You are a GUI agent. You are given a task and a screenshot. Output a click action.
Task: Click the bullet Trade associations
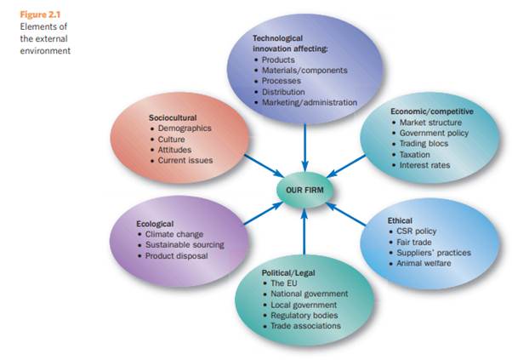coord(306,326)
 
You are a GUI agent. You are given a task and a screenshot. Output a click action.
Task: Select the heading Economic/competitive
coord(431,111)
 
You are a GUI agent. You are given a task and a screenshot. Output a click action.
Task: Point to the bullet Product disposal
coord(176,255)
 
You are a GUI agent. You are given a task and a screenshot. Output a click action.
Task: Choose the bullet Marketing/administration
coord(310,102)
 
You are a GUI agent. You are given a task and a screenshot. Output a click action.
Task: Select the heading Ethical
coord(400,220)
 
